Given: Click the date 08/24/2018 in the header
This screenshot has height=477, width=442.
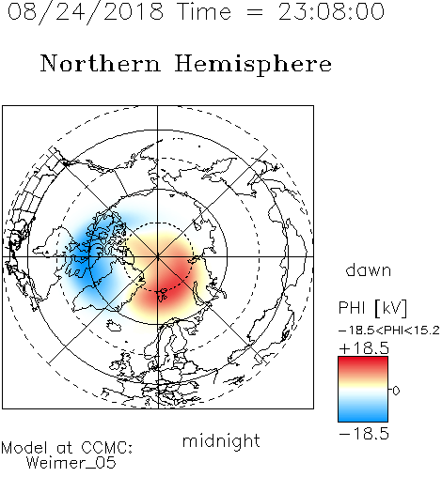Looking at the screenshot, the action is pyautogui.click(x=86, y=12).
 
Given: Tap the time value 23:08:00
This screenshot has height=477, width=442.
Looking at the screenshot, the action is pyautogui.click(x=331, y=12).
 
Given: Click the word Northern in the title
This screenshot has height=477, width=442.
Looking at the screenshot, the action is pyautogui.click(x=101, y=64).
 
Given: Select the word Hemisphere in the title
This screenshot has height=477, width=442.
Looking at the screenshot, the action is pyautogui.click(x=253, y=65).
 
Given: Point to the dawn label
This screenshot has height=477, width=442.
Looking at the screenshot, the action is pyautogui.click(x=369, y=270).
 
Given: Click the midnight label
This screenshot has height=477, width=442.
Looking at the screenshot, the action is pyautogui.click(x=221, y=442).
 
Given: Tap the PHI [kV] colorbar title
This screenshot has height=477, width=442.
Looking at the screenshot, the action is pyautogui.click(x=372, y=308).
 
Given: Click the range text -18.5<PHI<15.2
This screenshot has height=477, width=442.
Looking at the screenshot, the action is pyautogui.click(x=389, y=331).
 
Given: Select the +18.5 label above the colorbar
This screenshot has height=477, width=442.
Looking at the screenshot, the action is pyautogui.click(x=364, y=348).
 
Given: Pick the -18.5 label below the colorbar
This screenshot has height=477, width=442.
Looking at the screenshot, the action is pyautogui.click(x=364, y=434).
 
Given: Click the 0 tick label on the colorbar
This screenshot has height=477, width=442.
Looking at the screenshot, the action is pyautogui.click(x=396, y=391).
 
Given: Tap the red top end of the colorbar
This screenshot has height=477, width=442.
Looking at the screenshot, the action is pyautogui.click(x=363, y=360).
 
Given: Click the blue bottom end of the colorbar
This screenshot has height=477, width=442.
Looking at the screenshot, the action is pyautogui.click(x=363, y=419).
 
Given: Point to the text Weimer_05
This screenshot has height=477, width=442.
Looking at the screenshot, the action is pyautogui.click(x=71, y=463).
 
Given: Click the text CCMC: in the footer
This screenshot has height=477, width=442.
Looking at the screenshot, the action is pyautogui.click(x=107, y=448).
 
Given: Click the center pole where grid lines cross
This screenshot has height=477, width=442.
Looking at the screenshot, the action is pyautogui.click(x=158, y=257).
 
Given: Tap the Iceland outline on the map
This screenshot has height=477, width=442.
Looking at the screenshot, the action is pyautogui.click(x=114, y=326).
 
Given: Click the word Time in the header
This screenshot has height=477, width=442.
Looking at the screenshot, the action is pyautogui.click(x=204, y=12).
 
